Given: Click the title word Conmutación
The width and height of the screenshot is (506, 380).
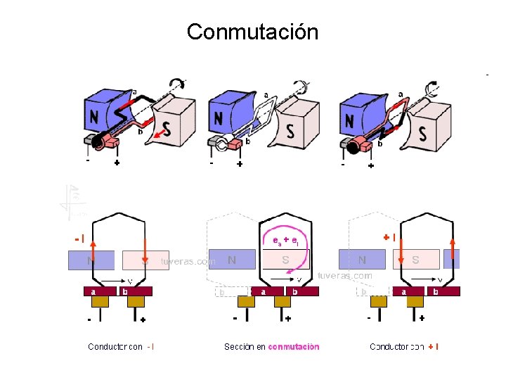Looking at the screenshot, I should tap(252, 32).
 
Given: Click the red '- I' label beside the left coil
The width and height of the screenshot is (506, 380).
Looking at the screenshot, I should tap(79, 239).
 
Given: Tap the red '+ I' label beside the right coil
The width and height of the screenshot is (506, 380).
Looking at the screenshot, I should tap(389, 237).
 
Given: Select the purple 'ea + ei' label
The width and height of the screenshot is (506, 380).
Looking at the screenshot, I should tap(285, 240).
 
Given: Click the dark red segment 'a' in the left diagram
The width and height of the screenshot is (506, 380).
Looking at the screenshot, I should tap(92, 291).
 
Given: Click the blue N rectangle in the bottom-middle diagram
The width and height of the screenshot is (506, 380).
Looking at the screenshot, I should tap(231, 260).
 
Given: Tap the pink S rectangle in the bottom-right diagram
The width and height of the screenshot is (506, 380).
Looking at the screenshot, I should tap(415, 260).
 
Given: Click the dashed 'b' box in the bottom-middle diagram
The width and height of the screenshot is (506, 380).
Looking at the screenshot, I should tap(223, 291).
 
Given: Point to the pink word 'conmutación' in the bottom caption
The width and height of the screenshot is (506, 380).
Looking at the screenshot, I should tap(294, 346).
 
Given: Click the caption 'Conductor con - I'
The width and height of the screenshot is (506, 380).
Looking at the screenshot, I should tap(121, 346).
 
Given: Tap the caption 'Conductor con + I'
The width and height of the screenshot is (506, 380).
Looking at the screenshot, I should tap(404, 346).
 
